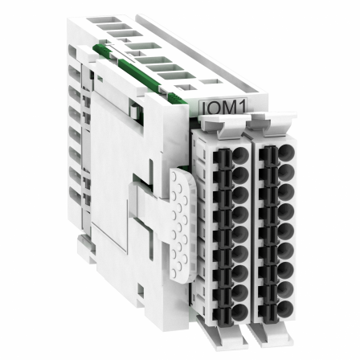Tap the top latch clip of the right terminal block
[270, 122]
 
